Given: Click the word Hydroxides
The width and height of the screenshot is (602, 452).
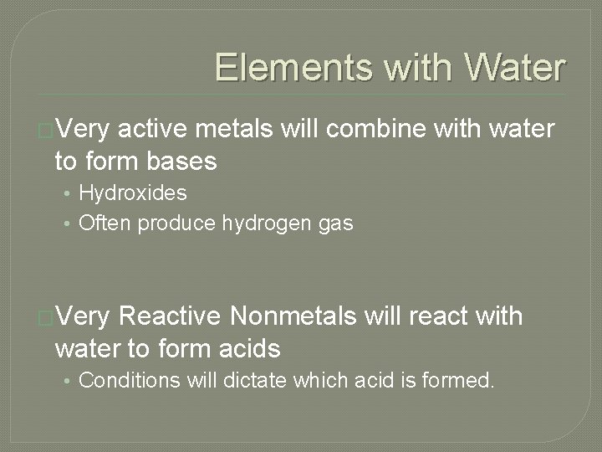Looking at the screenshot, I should pyautogui.click(x=132, y=193).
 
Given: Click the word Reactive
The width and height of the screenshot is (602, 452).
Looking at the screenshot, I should pyautogui.click(x=171, y=317).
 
